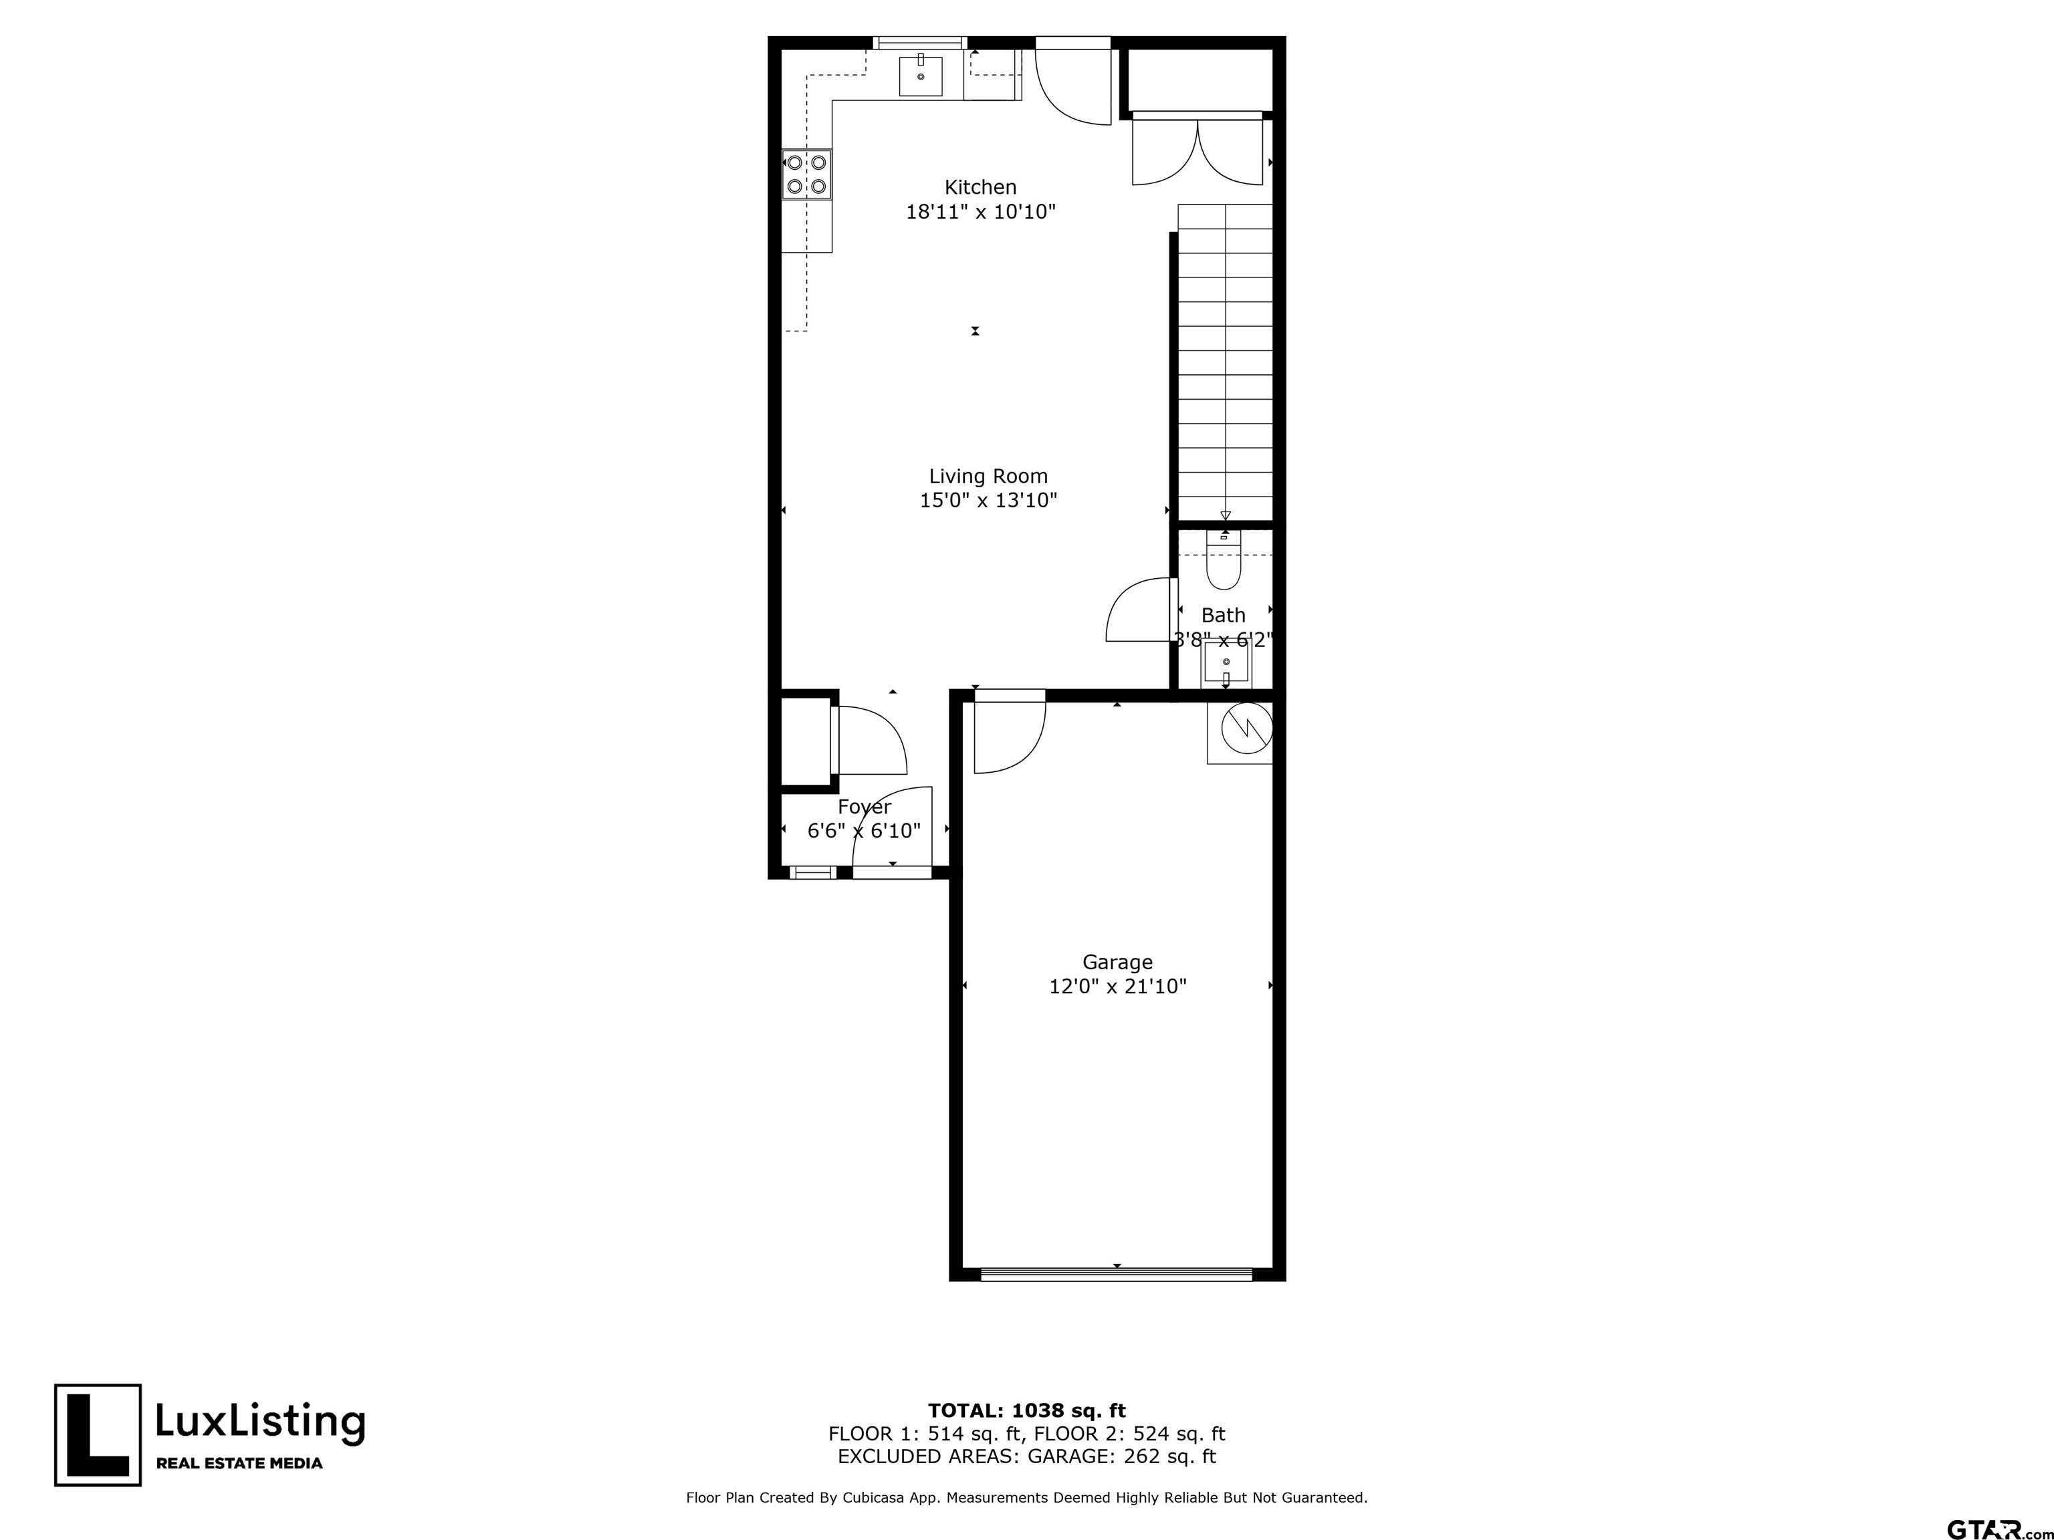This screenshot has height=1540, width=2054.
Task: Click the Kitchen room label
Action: tap(981, 188)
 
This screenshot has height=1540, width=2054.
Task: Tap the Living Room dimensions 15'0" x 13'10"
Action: tap(988, 501)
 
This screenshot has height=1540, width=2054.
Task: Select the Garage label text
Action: tap(1117, 962)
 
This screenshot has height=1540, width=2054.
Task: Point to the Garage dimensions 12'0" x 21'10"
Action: tap(1118, 987)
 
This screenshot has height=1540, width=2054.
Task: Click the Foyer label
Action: tap(864, 807)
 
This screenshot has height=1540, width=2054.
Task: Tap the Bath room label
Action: tap(1223, 616)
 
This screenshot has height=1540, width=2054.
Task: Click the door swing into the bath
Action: tap(1140, 610)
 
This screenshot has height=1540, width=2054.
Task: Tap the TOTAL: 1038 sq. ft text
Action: tap(1027, 1412)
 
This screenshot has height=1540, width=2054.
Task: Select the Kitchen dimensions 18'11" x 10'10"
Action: tap(981, 213)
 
